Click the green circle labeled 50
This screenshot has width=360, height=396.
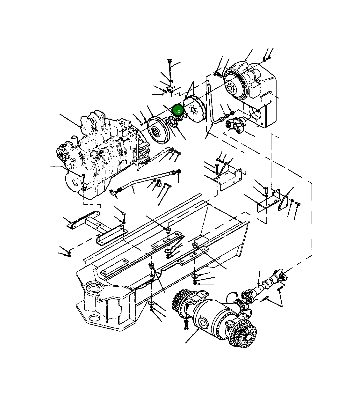point(178,111)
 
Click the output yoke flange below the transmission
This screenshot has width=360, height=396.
point(235,125)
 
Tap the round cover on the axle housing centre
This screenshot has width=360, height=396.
point(203,322)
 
